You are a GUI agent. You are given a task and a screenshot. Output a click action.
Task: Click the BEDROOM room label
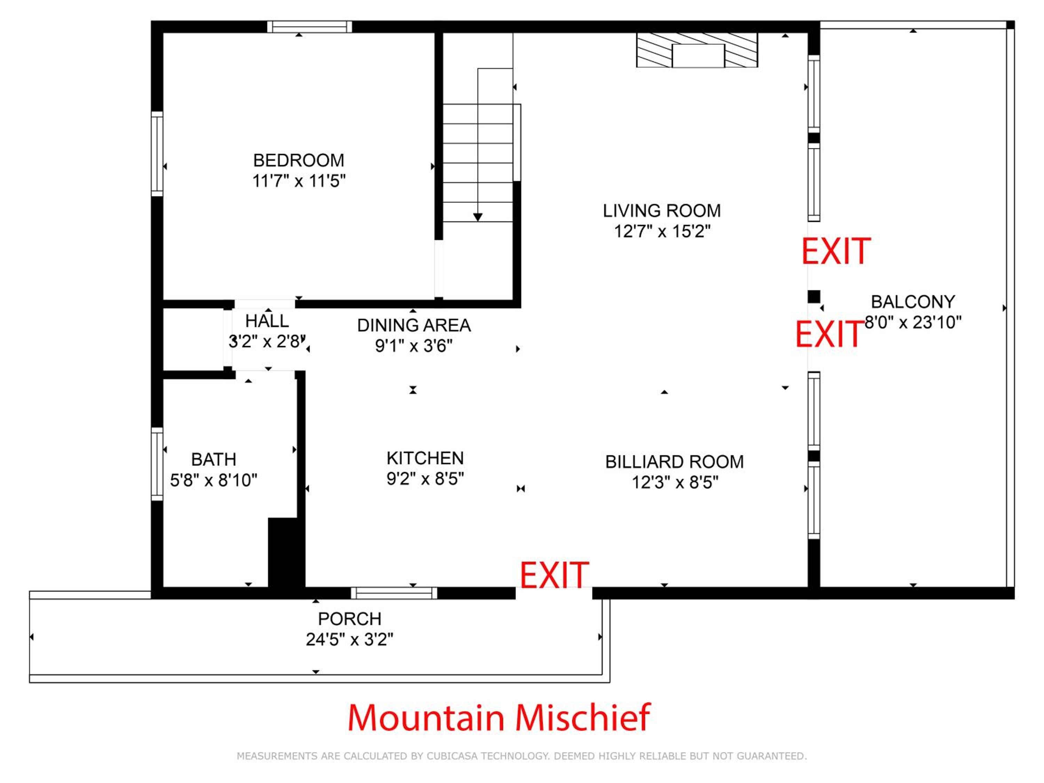(299, 160)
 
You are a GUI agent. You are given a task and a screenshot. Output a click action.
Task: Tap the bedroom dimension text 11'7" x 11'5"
(299, 181)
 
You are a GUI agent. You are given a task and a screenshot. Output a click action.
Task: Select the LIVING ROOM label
(662, 211)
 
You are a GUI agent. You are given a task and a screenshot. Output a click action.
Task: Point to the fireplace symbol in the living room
(697, 50)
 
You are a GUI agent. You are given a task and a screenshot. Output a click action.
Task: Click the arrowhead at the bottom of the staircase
(478, 217)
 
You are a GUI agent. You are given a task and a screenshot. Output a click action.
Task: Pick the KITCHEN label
(425, 458)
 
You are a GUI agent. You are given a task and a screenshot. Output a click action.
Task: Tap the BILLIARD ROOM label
(674, 461)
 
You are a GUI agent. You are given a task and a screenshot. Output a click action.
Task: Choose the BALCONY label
(913, 302)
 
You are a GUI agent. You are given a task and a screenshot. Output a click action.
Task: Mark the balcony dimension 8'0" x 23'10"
(913, 322)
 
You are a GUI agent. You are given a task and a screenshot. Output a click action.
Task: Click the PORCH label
(349, 619)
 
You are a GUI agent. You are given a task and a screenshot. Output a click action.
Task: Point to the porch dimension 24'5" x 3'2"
(349, 640)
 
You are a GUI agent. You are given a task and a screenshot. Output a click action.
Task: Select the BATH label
(213, 459)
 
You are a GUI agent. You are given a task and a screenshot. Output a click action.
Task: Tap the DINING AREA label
(414, 325)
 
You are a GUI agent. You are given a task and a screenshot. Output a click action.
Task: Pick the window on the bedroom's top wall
(310, 27)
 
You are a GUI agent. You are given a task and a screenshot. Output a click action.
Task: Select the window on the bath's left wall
(157, 464)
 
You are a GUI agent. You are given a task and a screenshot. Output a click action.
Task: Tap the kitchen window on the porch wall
(394, 593)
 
